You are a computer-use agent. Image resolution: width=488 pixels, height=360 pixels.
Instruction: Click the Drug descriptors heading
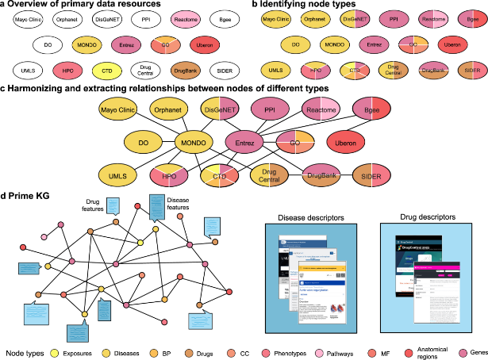[x=418, y=216]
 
